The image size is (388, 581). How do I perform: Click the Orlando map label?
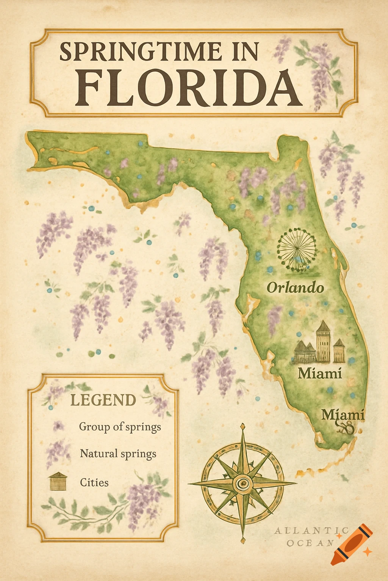[295, 287]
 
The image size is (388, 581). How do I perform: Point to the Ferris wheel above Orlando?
[297, 249]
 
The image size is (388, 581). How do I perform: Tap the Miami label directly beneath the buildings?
[319, 373]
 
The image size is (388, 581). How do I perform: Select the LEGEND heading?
[103, 400]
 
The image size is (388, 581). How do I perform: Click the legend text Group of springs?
[120, 427]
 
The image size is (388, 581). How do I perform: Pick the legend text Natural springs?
[118, 454]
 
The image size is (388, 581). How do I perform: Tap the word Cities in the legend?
[94, 482]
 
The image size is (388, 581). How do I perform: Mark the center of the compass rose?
[242, 483]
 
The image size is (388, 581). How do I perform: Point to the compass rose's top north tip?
[242, 427]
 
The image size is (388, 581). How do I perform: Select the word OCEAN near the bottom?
[310, 543]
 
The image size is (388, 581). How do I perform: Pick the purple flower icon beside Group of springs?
[58, 426]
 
